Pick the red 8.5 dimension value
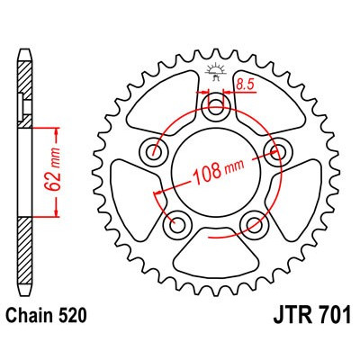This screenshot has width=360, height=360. click(x=243, y=87)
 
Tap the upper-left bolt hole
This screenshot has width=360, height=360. click(x=158, y=150)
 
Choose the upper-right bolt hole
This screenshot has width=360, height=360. click(x=274, y=150)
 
